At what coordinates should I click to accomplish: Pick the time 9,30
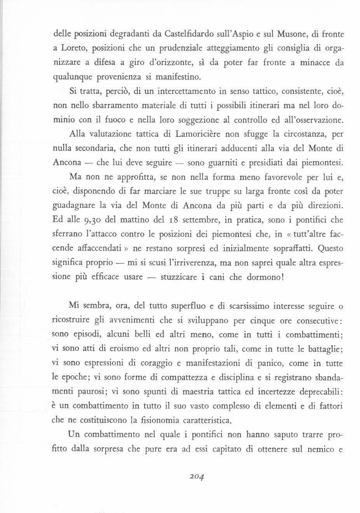click(x=91, y=220)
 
